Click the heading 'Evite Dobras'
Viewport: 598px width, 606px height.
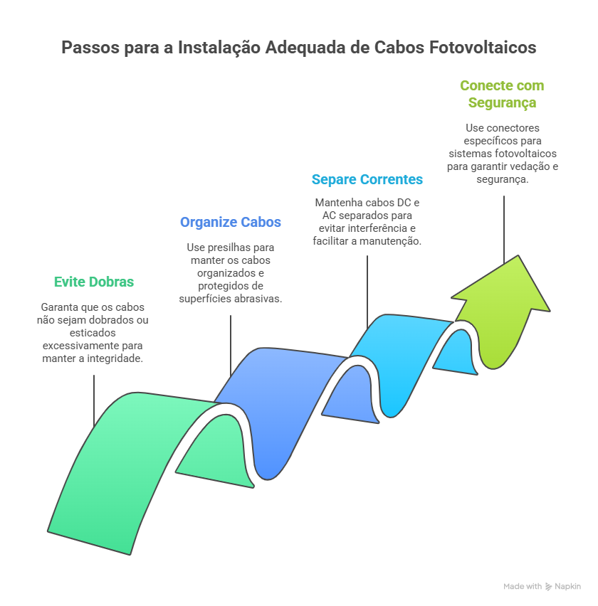(94, 282)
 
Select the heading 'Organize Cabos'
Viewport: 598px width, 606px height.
(231, 222)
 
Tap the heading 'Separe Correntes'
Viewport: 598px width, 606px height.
(367, 179)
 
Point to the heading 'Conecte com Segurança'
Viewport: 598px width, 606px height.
(502, 94)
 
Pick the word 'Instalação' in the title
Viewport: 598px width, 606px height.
(219, 48)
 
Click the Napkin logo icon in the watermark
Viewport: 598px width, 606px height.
(548, 587)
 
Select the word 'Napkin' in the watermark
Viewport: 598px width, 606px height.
(568, 587)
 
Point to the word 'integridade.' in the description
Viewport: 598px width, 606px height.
(115, 358)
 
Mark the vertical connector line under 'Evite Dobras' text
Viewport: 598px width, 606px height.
(94, 400)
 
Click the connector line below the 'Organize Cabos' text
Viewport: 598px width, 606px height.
(231, 346)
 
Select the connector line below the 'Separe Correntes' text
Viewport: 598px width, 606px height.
(367, 292)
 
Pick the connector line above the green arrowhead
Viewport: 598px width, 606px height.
(503, 230)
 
